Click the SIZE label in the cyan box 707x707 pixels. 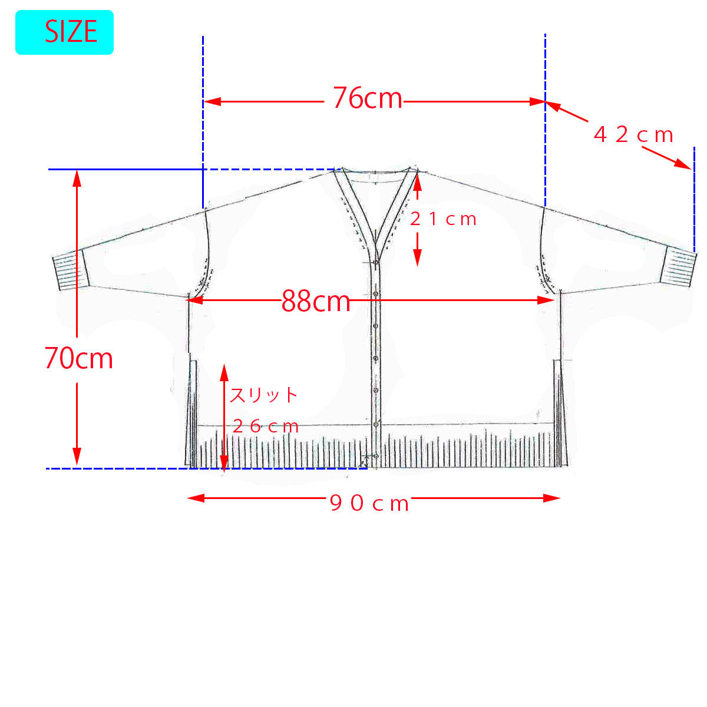71,32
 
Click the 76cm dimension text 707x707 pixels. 368,98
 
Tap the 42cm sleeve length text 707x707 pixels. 633,135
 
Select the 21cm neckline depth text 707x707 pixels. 443,219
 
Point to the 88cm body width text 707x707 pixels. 316,301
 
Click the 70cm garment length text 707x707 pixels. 79,358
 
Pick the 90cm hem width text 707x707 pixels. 369,503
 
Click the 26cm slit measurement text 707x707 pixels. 266,427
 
